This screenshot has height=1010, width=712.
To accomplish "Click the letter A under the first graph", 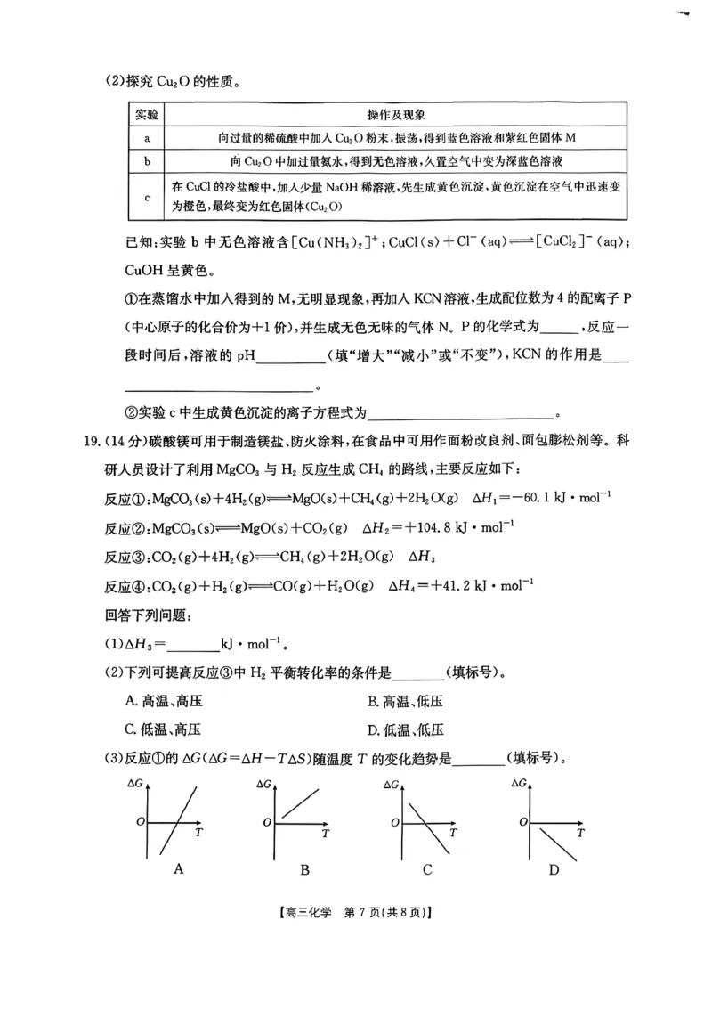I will pyautogui.click(x=178, y=868).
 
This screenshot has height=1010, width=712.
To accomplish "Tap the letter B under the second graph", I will pyautogui.click(x=304, y=868).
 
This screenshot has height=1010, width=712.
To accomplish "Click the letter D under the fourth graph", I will pyautogui.click(x=554, y=868).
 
